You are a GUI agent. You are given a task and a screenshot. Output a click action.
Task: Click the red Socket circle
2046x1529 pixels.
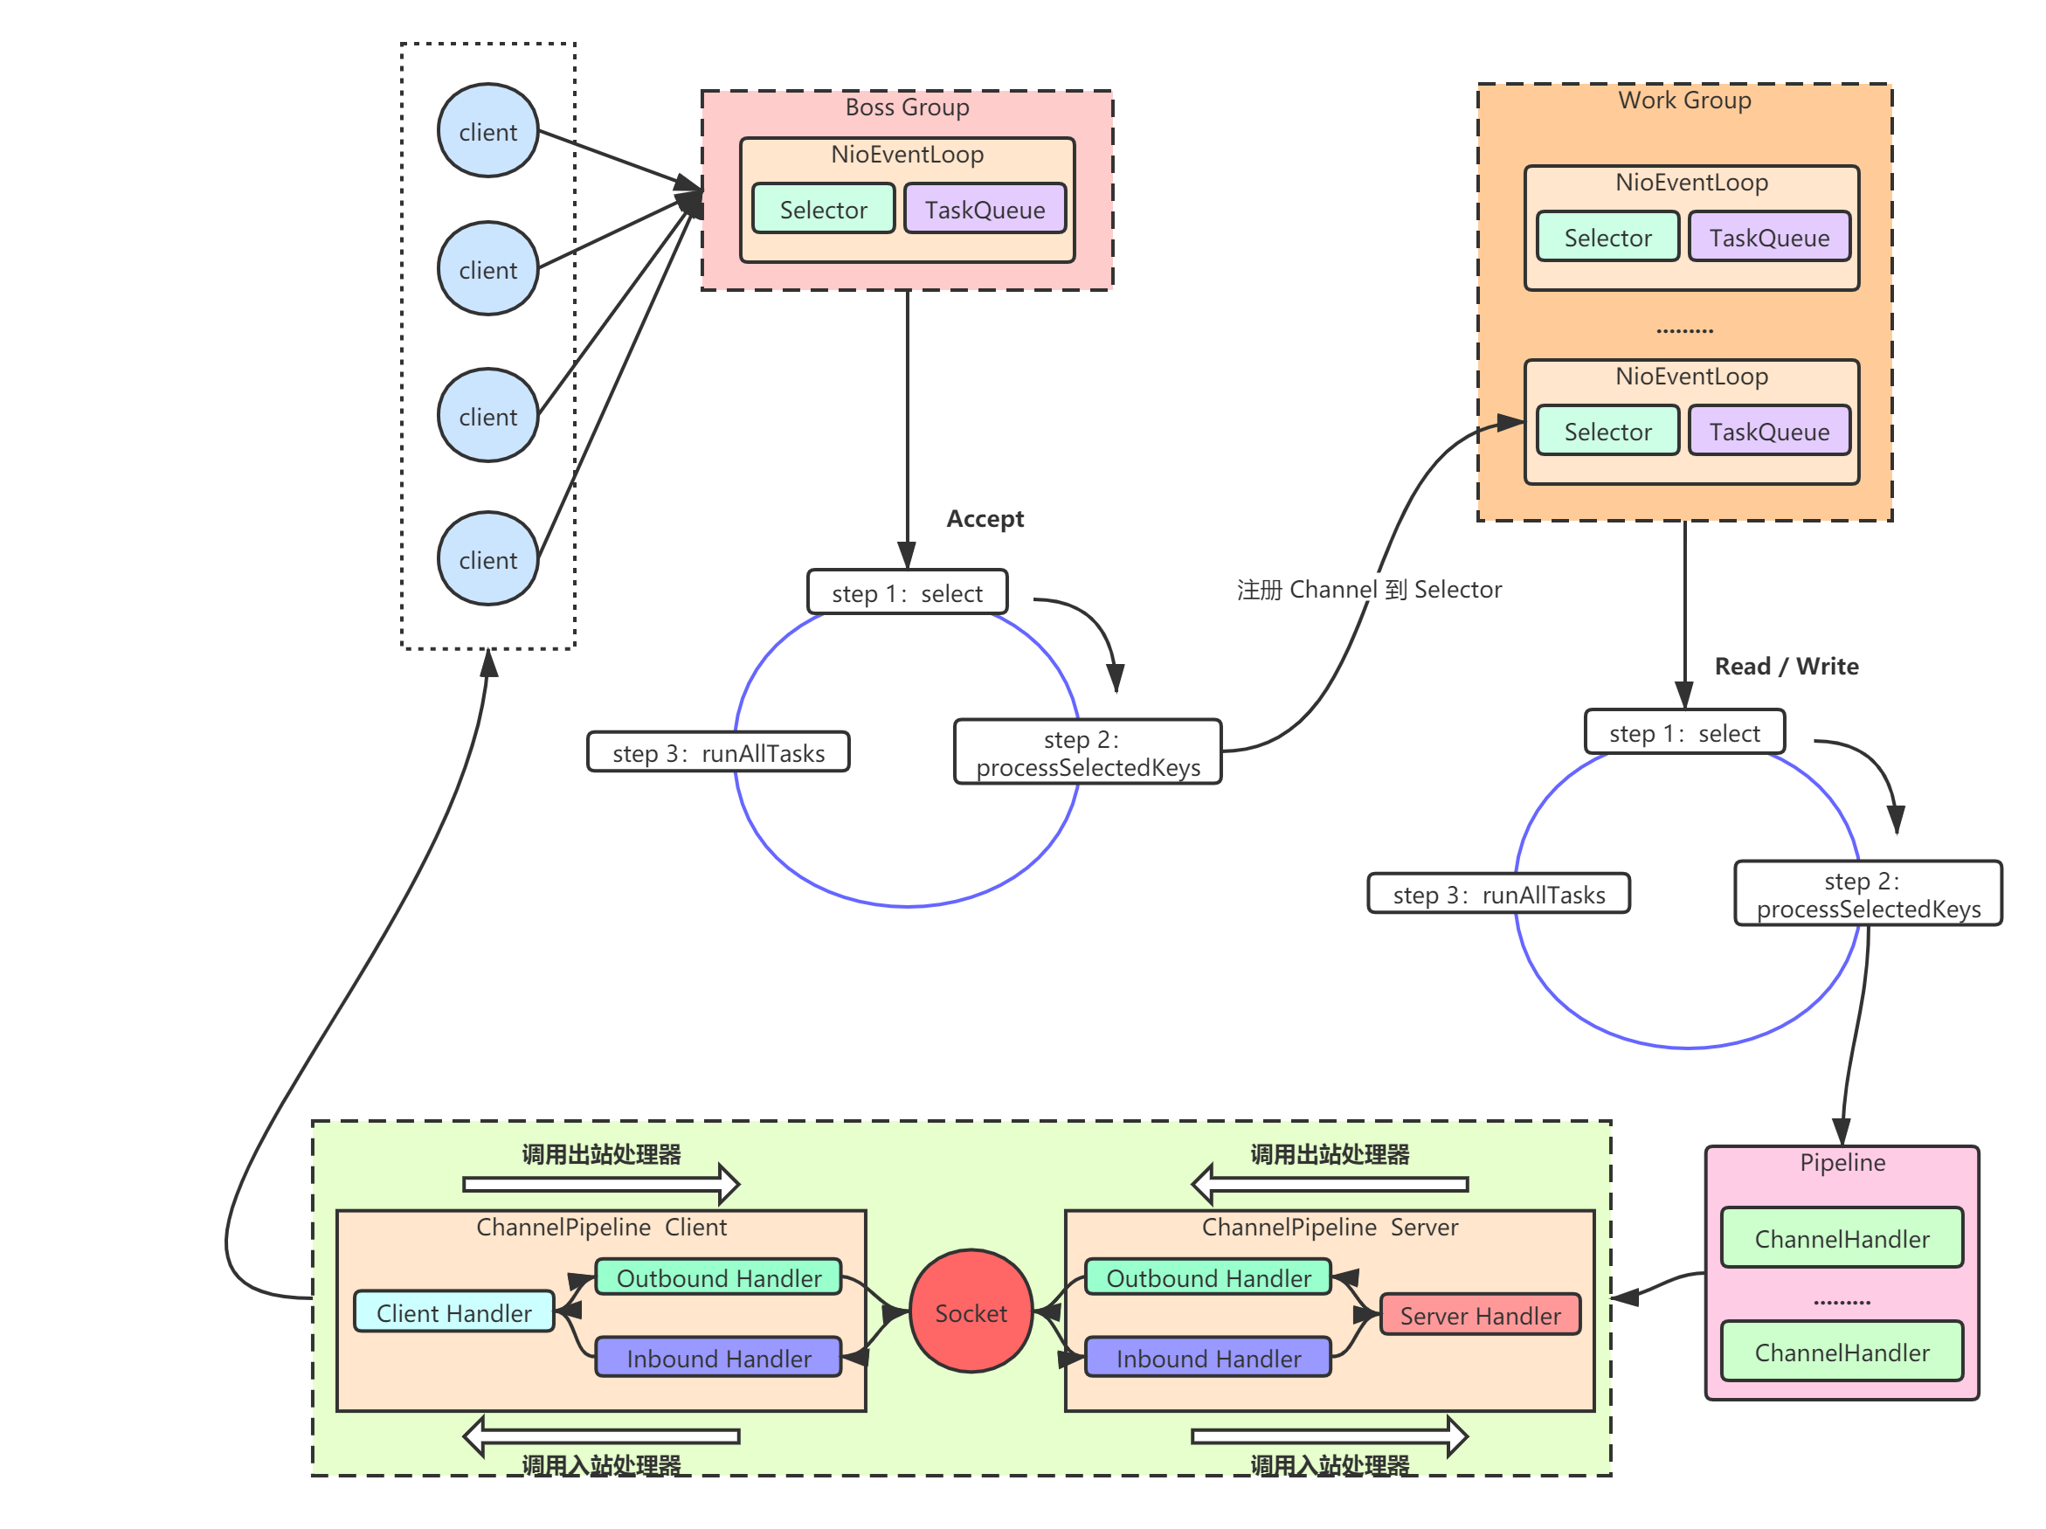pyautogui.click(x=971, y=1311)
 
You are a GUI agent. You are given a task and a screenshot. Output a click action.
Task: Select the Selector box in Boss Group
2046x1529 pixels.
pyautogui.click(x=823, y=209)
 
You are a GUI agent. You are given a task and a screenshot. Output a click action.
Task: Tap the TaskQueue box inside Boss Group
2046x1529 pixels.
pyautogui.click(x=985, y=209)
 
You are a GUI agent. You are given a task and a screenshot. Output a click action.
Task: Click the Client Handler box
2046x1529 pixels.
pyautogui.click(x=454, y=1311)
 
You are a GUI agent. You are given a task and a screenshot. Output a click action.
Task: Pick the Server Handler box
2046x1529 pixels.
pyautogui.click(x=1480, y=1314)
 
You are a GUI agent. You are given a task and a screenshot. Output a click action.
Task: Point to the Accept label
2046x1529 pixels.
pyautogui.click(x=985, y=519)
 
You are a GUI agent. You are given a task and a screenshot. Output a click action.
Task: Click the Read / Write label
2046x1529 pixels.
pyautogui.click(x=1786, y=666)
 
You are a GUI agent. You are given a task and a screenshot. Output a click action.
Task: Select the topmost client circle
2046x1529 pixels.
pyautogui.click(x=488, y=130)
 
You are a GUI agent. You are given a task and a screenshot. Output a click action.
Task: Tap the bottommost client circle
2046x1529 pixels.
pyautogui.click(x=488, y=558)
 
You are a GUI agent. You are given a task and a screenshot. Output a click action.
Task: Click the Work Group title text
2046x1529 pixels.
pyautogui.click(x=1684, y=100)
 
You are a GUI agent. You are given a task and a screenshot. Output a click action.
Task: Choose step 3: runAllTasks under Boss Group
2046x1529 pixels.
pyautogui.click(x=719, y=752)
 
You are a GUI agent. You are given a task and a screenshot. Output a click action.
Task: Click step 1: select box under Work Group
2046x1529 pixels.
pyautogui.click(x=1684, y=732)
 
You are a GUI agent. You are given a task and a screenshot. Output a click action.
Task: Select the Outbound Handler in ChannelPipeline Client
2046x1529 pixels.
pyautogui.click(x=719, y=1277)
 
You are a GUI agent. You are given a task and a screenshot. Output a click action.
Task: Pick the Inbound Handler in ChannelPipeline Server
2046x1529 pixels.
pyautogui.click(x=1208, y=1357)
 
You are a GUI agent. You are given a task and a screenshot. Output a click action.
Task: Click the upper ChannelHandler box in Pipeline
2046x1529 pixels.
pyautogui.click(x=1842, y=1238)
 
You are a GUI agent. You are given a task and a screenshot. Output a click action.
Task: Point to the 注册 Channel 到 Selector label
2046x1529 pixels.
pyautogui.click(x=1369, y=589)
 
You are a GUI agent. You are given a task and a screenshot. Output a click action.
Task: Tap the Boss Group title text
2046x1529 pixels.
pyautogui.click(x=908, y=107)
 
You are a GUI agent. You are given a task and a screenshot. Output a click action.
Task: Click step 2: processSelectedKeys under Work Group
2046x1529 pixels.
pyautogui.click(x=1869, y=894)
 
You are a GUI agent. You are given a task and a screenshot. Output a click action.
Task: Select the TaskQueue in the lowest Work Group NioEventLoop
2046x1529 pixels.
pyautogui.click(x=1769, y=431)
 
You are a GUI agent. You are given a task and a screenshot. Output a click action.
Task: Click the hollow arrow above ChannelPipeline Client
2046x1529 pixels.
pyautogui.click(x=601, y=1184)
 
